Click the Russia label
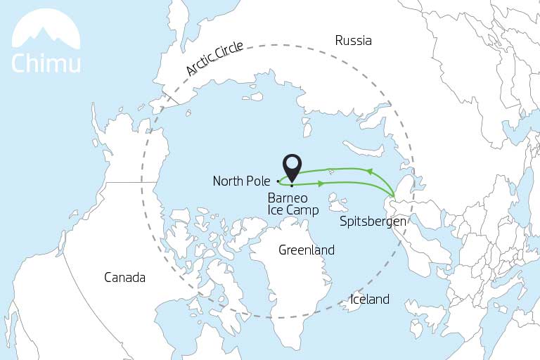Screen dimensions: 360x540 (353, 41)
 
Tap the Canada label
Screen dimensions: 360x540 (124, 278)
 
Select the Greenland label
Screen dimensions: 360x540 (307, 250)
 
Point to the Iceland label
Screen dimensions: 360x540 (370, 300)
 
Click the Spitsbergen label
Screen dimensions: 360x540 (373, 221)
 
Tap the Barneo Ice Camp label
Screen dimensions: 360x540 (293, 204)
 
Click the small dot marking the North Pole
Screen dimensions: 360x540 (278, 181)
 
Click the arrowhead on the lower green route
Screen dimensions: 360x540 (321, 184)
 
